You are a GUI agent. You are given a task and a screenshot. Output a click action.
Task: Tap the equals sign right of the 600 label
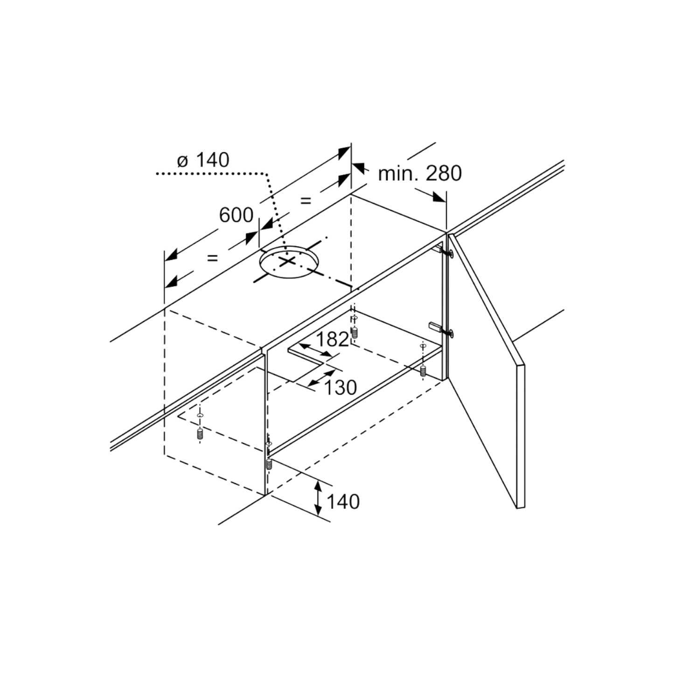tap(306, 201)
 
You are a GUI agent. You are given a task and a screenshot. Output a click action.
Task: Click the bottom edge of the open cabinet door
tap(521, 507)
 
